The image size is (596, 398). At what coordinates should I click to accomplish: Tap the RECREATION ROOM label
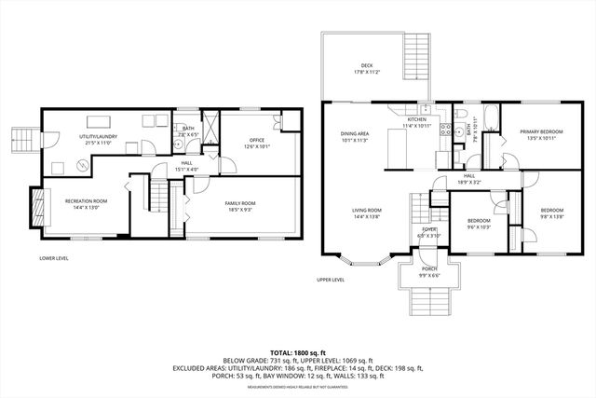pyautogui.click(x=86, y=202)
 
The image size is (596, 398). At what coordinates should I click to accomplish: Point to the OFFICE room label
pyautogui.click(x=230, y=142)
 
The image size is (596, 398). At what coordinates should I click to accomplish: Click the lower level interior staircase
pyautogui.click(x=163, y=198)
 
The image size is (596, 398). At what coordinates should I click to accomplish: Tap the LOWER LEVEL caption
pyautogui.click(x=53, y=257)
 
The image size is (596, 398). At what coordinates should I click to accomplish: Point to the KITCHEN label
pyautogui.click(x=416, y=119)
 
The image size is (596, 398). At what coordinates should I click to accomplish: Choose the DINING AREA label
pyautogui.click(x=356, y=134)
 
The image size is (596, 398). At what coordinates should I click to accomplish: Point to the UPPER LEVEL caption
pyautogui.click(x=330, y=280)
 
